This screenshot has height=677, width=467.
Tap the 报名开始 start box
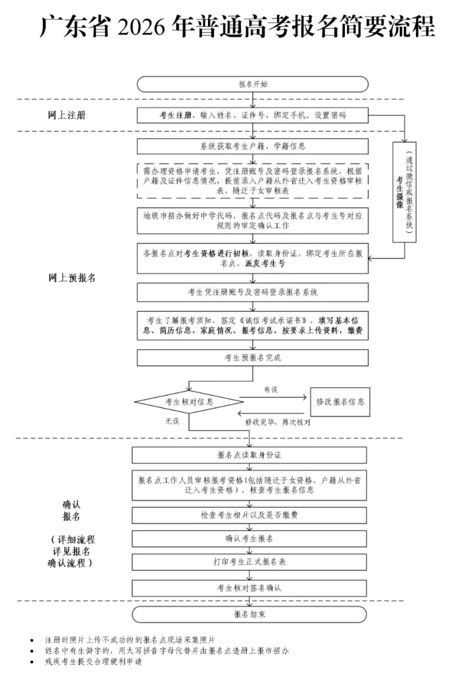pyautogui.click(x=252, y=84)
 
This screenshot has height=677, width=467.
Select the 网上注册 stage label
pyautogui.click(x=67, y=115)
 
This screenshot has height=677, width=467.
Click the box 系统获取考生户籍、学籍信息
pyautogui.click(x=252, y=146)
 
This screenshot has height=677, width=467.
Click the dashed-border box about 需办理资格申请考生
pyautogui.click(x=252, y=180)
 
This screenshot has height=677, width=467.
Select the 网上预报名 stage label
pyautogui.click(x=72, y=278)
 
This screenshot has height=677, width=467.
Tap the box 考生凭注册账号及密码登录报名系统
pyautogui.click(x=252, y=292)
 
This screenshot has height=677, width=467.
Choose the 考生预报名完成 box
pyautogui.click(x=252, y=358)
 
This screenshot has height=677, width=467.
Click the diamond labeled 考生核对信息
pyautogui.click(x=189, y=401)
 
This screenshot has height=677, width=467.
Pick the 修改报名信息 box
pyautogui.click(x=340, y=402)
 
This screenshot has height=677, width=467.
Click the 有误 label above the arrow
pyautogui.click(x=271, y=390)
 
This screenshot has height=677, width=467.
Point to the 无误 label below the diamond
pyautogui.click(x=172, y=421)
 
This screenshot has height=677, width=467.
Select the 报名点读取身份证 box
pyautogui.click(x=249, y=455)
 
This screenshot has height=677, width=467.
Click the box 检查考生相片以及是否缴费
pyautogui.click(x=249, y=515)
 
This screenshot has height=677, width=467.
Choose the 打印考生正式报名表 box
pyautogui.click(x=249, y=562)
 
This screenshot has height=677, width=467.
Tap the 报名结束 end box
pyautogui.click(x=249, y=615)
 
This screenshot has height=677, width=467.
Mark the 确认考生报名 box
pyautogui.click(x=249, y=538)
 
